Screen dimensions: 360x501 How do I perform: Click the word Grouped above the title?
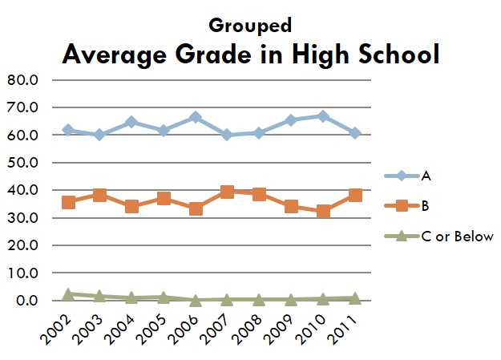click(249, 25)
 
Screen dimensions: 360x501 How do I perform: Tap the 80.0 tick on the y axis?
click(22, 80)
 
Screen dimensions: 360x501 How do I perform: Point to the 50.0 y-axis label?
click(22, 163)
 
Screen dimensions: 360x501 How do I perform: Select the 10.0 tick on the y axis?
click(22, 273)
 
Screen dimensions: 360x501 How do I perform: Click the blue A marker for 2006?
click(196, 118)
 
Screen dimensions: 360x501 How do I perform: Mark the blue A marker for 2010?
click(323, 116)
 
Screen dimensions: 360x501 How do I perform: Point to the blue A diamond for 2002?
click(69, 130)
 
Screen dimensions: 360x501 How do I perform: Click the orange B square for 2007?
click(228, 192)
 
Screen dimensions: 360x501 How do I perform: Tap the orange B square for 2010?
click(323, 212)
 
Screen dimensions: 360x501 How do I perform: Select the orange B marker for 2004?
click(132, 206)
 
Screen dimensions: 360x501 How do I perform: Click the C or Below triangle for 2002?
click(69, 294)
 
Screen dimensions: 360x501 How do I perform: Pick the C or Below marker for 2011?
click(355, 297)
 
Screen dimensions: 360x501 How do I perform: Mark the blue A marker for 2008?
click(260, 133)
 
